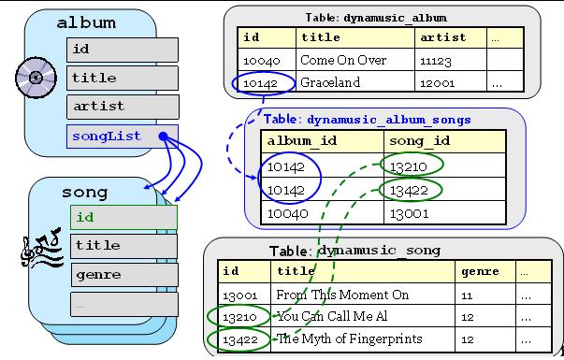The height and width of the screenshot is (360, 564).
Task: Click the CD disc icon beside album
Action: click(x=36, y=78)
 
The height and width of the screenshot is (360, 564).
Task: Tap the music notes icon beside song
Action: click(x=42, y=247)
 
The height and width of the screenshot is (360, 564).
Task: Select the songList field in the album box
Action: click(x=123, y=137)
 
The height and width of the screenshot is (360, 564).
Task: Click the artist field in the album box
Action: click(x=123, y=107)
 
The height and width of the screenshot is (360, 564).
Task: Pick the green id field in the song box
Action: click(x=123, y=217)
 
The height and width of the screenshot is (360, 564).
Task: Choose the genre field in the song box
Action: click(x=124, y=275)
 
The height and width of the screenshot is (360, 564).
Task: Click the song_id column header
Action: click(x=444, y=141)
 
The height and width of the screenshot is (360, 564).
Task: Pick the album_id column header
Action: click(x=323, y=141)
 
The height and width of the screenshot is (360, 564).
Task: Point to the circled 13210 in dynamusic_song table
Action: click(x=239, y=316)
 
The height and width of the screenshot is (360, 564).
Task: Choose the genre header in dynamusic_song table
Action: click(x=480, y=271)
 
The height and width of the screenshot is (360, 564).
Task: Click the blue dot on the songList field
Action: click(x=164, y=137)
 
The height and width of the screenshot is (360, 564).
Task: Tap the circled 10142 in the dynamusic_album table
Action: click(x=264, y=83)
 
